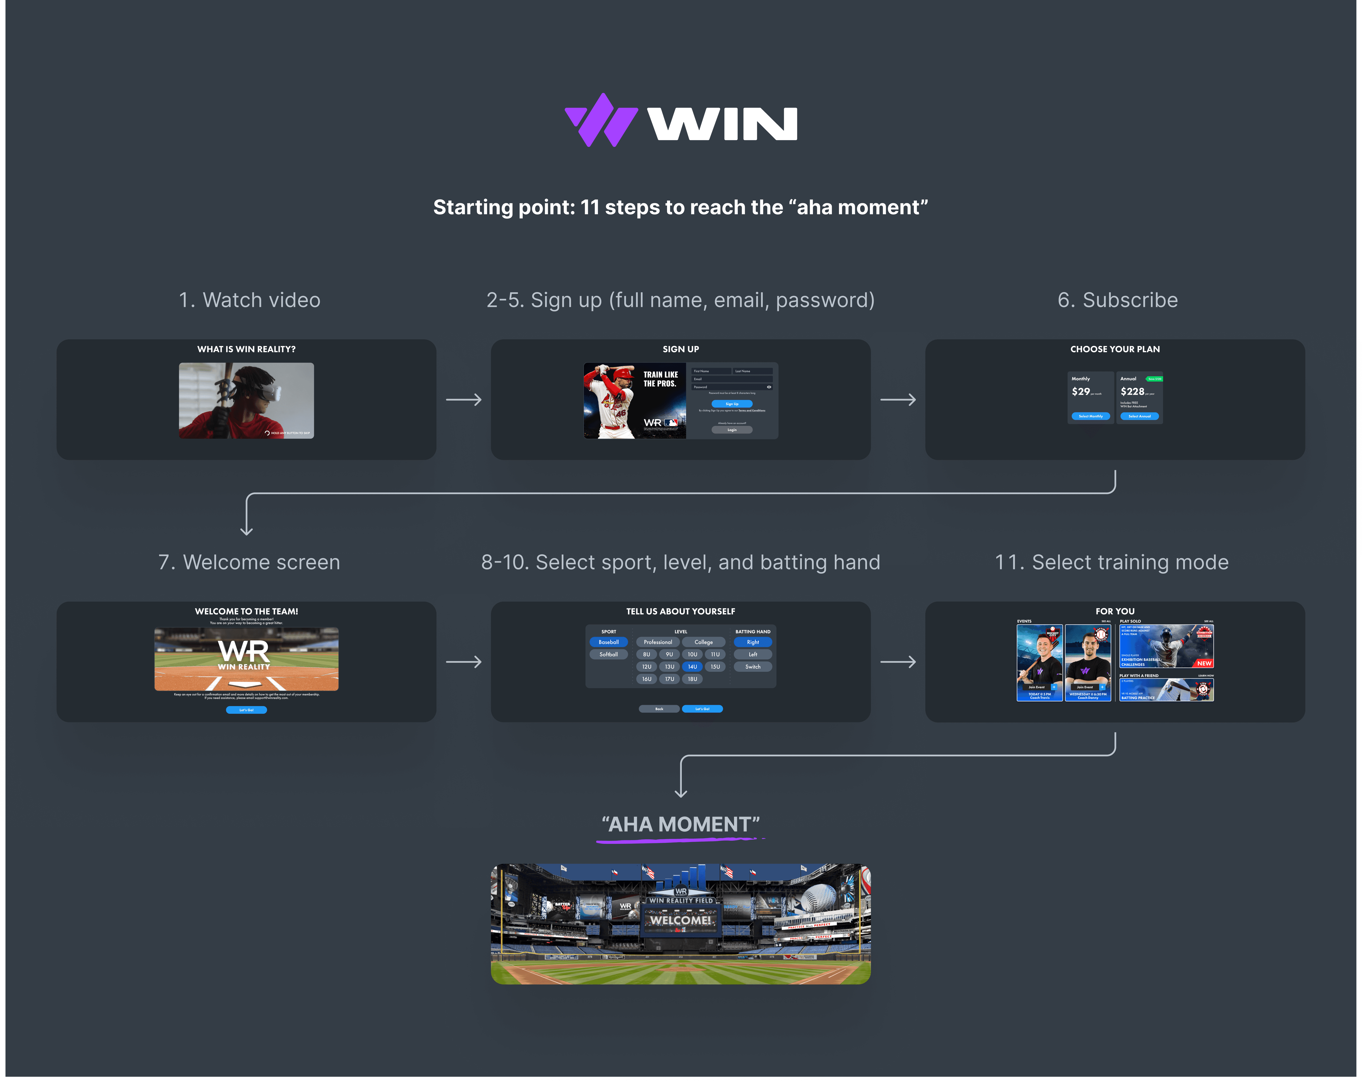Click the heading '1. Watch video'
250,300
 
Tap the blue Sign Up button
732,404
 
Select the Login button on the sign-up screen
732,430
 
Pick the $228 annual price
1132,392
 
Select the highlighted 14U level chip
692,667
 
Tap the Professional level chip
658,642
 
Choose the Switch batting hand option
753,667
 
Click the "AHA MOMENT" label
680,825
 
